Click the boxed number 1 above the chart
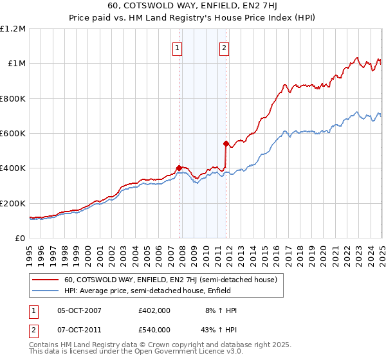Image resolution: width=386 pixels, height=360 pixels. click(177, 47)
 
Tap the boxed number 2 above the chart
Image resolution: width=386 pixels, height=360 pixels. click(224, 47)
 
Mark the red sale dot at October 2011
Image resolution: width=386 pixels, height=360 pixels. click(226, 144)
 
